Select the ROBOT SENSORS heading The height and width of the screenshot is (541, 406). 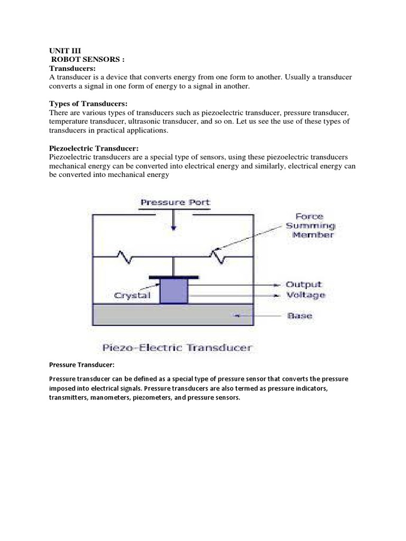(x=88, y=60)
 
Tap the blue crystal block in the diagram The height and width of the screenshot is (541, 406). (x=174, y=291)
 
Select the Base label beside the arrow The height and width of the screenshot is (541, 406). (x=299, y=316)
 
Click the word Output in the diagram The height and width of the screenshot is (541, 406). (x=303, y=284)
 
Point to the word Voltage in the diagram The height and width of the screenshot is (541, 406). (x=305, y=295)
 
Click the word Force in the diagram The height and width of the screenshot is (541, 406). (x=310, y=216)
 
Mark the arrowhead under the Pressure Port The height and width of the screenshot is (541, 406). (x=174, y=228)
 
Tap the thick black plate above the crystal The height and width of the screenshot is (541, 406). (x=174, y=276)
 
